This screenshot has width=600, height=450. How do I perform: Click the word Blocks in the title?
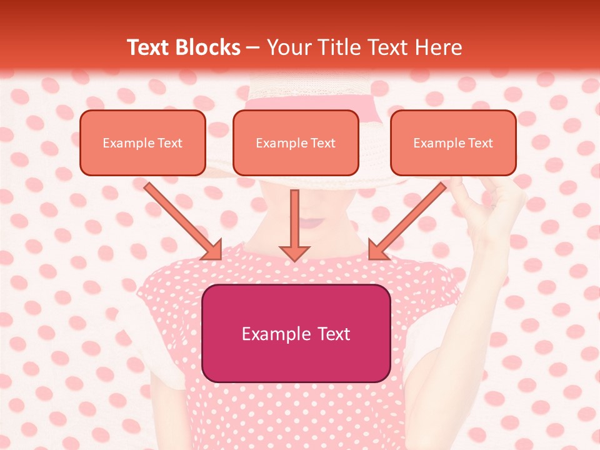tap(209, 47)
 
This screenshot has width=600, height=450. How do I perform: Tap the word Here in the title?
tap(440, 47)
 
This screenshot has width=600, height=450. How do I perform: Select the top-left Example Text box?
tap(142, 143)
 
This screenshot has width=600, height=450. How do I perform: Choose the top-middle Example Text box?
tap(296, 143)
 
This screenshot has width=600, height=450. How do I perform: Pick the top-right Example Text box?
tap(453, 143)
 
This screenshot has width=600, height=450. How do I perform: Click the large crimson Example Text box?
tap(296, 334)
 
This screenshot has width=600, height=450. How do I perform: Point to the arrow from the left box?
tap(182, 220)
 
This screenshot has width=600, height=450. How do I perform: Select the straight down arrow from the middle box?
tap(294, 225)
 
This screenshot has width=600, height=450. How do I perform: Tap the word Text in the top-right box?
tap(480, 143)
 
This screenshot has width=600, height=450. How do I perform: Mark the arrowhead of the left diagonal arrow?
tap(212, 250)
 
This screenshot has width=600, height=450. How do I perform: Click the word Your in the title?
tap(288, 47)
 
